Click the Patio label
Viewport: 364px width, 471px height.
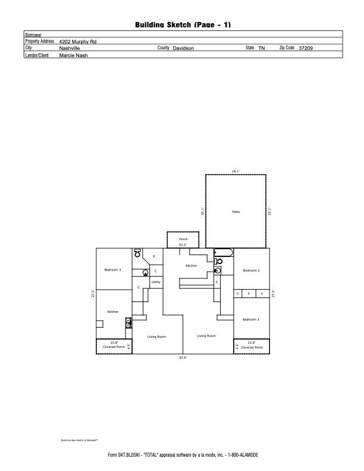pos(236,212)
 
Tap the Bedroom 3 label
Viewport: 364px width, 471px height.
pos(112,270)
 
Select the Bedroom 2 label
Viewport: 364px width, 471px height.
pos(251,271)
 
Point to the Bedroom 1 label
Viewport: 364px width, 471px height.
pos(250,319)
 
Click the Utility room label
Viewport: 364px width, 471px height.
pos(156,282)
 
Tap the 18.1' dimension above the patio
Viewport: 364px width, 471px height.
pos(236,171)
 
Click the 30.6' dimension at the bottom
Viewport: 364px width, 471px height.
pos(183,357)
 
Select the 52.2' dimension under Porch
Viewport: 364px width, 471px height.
pos(183,244)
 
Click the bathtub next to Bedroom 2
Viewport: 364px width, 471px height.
pos(223,253)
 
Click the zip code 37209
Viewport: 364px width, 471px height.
pos(306,48)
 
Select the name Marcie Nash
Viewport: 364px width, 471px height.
pos(73,55)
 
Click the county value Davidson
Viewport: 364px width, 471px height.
pos(183,48)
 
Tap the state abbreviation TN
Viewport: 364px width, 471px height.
pos(262,48)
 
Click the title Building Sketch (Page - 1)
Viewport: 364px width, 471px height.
pos(183,24)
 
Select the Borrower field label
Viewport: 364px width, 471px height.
pos(33,35)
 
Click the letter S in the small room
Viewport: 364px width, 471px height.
pos(154,256)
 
